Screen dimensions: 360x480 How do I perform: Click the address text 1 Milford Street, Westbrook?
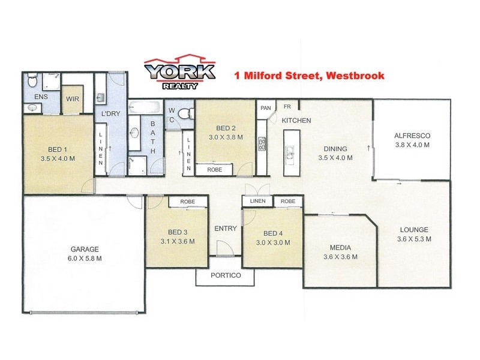click(x=308, y=76)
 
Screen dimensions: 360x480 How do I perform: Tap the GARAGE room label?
click(x=83, y=249)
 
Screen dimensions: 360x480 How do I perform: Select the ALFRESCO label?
click(x=412, y=136)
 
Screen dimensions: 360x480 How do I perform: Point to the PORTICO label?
click(x=225, y=275)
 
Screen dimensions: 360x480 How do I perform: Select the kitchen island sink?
click(x=289, y=155)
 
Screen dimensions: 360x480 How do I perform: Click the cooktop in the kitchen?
click(x=262, y=143)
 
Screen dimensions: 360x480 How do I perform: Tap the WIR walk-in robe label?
click(x=73, y=99)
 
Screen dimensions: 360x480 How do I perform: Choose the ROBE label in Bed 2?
click(x=214, y=170)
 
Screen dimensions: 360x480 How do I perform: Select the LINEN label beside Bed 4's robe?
click(x=257, y=202)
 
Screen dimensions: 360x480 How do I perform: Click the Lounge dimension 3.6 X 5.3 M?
click(x=414, y=239)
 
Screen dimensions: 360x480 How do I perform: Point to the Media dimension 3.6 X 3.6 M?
click(x=340, y=257)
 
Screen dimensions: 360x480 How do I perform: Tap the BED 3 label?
click(x=178, y=233)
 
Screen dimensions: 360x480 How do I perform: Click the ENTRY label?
click(x=225, y=229)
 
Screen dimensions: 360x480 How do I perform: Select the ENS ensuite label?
click(x=41, y=96)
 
